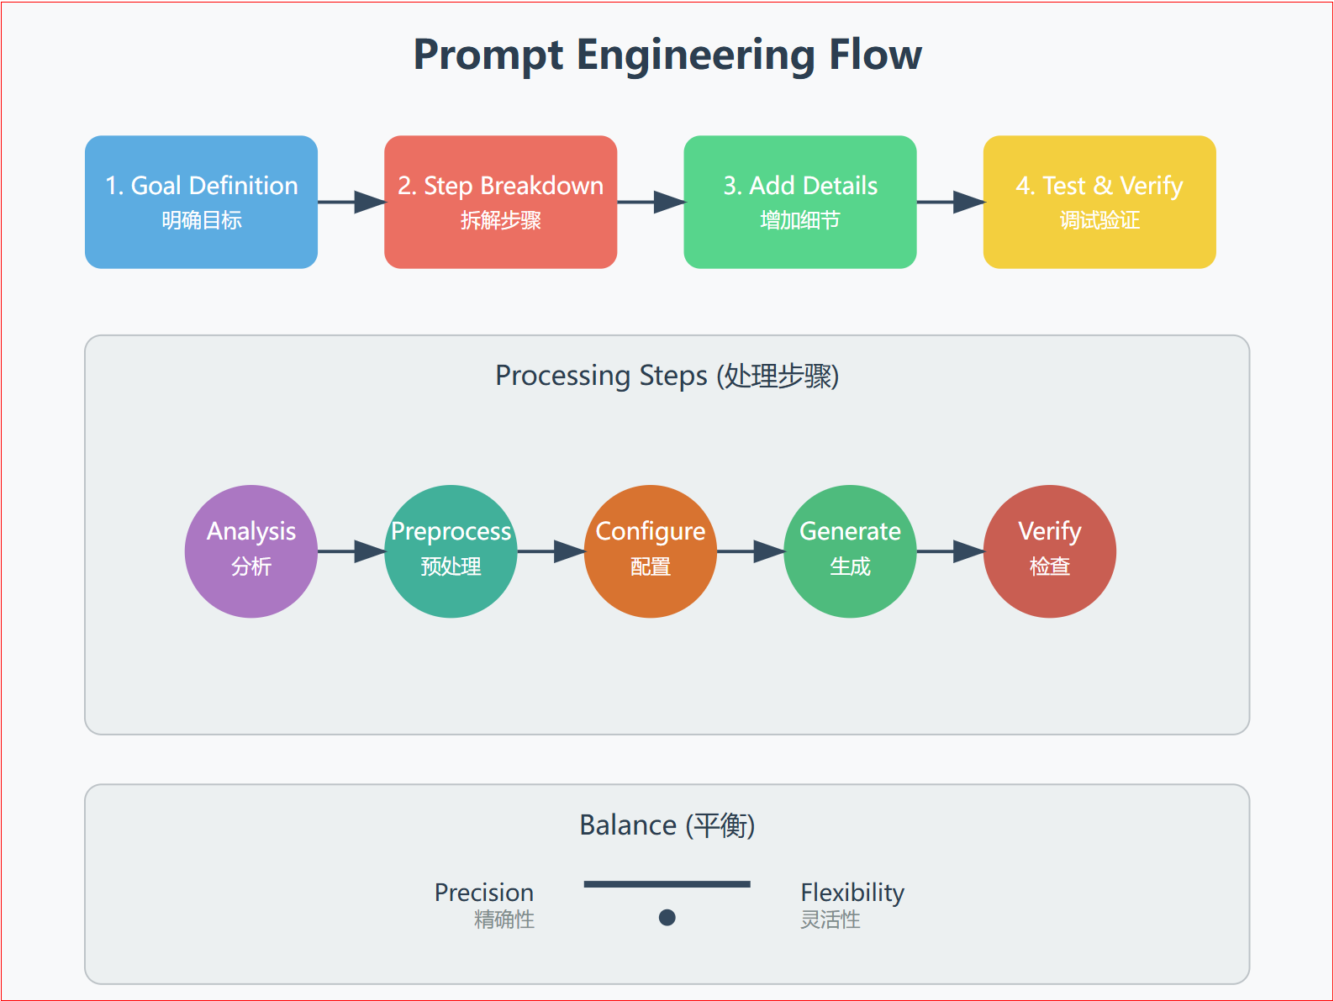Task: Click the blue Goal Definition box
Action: (x=201, y=202)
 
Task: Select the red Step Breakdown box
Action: (x=500, y=202)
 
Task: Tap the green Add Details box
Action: (x=799, y=202)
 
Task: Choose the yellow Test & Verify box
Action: (x=1099, y=202)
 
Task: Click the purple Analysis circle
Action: (x=250, y=551)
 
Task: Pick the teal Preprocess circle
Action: (x=451, y=551)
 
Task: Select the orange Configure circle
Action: (x=650, y=551)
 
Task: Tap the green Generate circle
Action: (x=850, y=551)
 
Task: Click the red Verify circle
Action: (x=1049, y=551)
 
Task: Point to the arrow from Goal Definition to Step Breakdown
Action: (x=351, y=202)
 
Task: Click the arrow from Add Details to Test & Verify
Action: (x=950, y=202)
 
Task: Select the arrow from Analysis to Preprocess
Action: (x=351, y=551)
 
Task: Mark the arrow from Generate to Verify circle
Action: (x=950, y=551)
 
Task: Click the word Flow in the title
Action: (x=875, y=55)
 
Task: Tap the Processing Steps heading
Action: (x=667, y=376)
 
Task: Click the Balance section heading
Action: (x=667, y=825)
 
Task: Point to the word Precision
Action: (x=483, y=893)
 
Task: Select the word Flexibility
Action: (x=852, y=893)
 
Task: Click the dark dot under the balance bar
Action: (x=667, y=917)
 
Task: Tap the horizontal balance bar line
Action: (x=667, y=884)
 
